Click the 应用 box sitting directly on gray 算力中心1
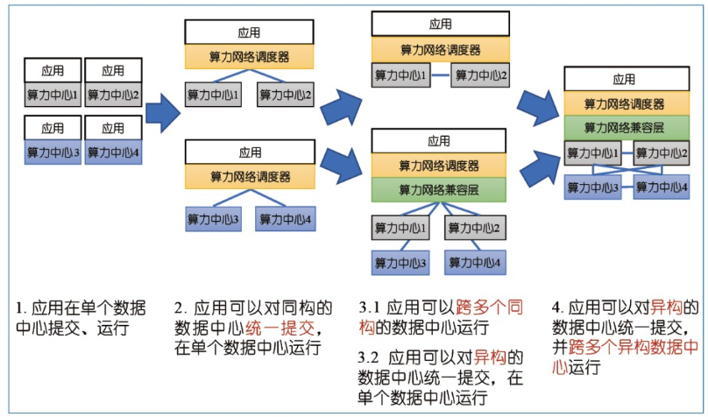click(53, 71)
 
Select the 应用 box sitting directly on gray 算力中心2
click(113, 71)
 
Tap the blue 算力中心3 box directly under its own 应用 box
click(53, 152)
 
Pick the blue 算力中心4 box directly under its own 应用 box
click(113, 152)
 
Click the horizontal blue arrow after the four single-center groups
click(162, 112)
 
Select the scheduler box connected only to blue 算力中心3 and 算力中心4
click(250, 176)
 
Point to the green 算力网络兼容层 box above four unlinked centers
click(439, 188)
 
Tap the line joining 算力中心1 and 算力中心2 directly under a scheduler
click(440, 75)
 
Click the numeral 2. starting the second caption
click(180, 308)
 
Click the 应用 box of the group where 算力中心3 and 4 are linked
click(624, 79)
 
